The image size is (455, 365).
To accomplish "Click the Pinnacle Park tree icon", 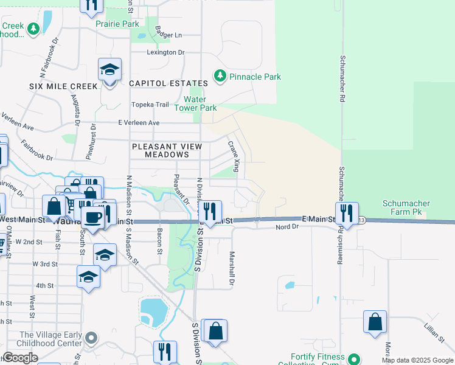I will point(219,77).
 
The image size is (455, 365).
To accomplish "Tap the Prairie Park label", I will point(117,24).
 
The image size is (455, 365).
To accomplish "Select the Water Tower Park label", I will point(195,103).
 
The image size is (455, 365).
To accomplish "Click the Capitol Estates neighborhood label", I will point(168,83).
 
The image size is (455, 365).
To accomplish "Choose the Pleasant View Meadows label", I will point(167,150).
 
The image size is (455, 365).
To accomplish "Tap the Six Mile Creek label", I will point(63,86).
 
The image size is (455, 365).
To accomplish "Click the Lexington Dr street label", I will point(165,52).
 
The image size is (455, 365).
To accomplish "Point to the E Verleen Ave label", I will point(139,123).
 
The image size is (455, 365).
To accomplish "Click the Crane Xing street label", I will point(233,156).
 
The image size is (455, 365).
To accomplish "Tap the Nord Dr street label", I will point(287,227).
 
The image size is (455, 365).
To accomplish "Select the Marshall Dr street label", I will point(231,268).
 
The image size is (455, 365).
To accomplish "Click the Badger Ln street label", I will point(168,35).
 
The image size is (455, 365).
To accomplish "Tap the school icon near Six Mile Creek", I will point(109,70).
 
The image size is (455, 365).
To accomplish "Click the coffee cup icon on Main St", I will point(92,217).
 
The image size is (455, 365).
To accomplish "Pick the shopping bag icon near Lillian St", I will point(375,322).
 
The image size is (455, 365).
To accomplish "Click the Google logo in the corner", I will point(21,358).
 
